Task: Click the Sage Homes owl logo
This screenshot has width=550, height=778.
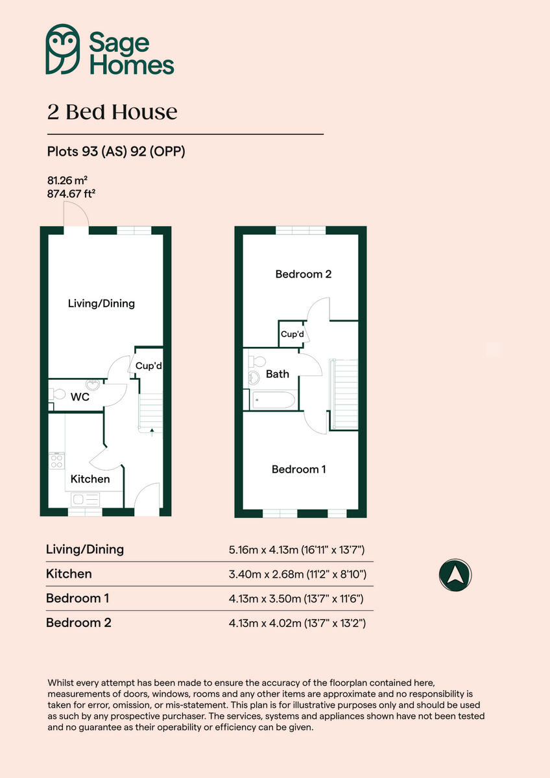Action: click(x=62, y=49)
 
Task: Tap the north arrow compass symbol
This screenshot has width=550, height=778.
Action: click(x=455, y=574)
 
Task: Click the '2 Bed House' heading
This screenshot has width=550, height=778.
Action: click(x=112, y=112)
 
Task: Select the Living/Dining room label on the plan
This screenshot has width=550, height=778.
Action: click(x=101, y=303)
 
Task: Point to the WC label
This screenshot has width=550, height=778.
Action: click(x=80, y=397)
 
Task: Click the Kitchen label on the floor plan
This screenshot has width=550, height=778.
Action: click(x=90, y=479)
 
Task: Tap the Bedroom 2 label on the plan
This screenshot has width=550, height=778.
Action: click(x=303, y=274)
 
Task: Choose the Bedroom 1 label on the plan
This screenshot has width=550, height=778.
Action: click(x=298, y=469)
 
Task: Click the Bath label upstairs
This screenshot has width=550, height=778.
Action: click(x=278, y=374)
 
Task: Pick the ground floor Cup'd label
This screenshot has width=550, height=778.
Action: click(x=149, y=366)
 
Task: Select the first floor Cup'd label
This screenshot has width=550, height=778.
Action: click(x=292, y=335)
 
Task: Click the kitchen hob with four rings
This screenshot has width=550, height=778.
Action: click(x=56, y=461)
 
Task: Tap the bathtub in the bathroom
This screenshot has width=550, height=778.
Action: click(x=272, y=400)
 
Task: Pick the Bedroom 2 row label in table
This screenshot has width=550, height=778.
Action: click(x=78, y=623)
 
